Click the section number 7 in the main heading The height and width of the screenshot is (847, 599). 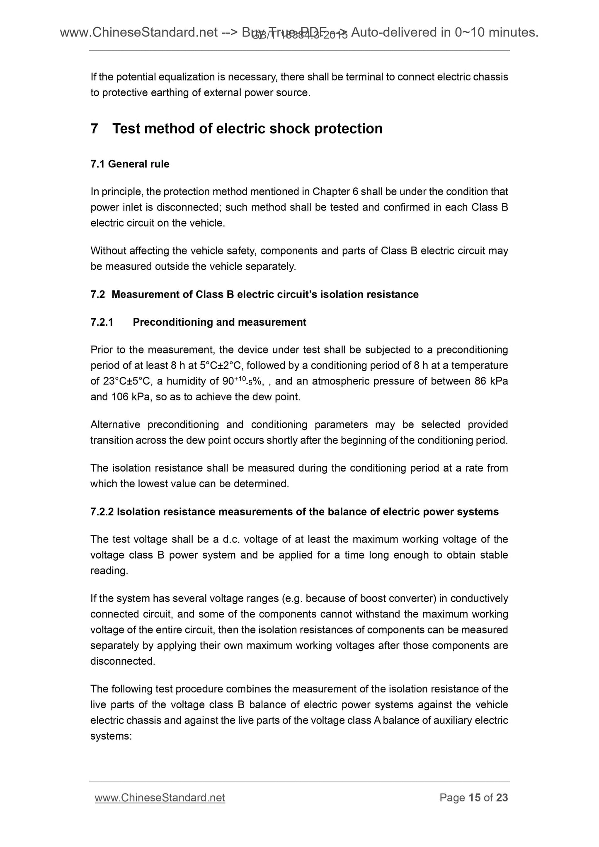point(95,129)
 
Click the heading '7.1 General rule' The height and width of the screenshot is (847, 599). point(130,164)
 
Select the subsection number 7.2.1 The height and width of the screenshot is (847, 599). point(102,322)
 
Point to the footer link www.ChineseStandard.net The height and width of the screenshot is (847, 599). point(160,798)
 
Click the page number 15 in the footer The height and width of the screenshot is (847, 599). point(474,798)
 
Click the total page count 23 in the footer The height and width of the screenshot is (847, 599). point(502,798)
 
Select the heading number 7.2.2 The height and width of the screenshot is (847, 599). point(102,512)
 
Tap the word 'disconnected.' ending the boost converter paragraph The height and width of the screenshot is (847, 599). point(123,661)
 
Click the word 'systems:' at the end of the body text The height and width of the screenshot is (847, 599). point(111,736)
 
